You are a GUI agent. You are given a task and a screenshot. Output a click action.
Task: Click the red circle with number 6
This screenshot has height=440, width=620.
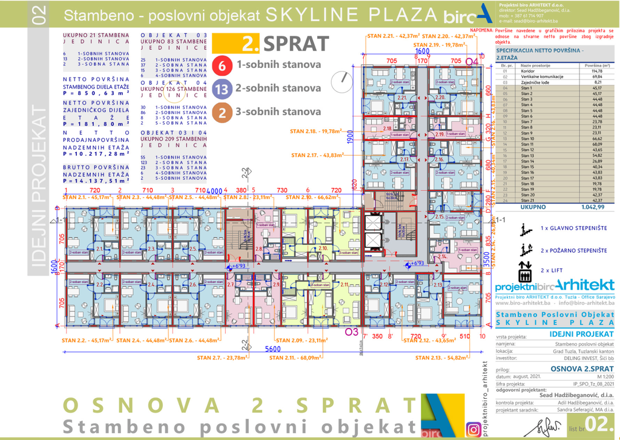[223, 64]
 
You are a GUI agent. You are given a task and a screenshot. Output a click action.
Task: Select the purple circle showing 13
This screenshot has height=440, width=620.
[223, 88]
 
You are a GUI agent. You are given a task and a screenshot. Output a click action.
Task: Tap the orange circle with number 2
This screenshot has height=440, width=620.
[223, 112]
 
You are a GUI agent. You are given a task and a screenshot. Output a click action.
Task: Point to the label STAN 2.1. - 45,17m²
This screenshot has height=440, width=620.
[88, 197]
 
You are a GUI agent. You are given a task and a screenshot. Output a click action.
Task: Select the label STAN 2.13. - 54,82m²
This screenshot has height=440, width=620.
[443, 358]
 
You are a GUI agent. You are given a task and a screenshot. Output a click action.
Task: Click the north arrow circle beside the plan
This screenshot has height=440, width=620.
[345, 79]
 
